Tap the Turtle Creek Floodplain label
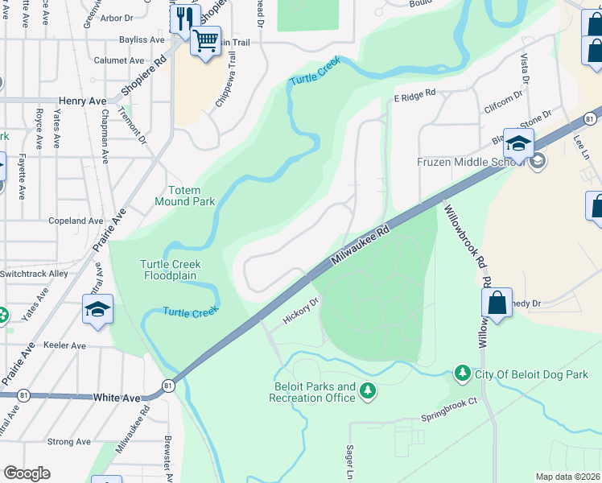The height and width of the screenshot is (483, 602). pos(170,270)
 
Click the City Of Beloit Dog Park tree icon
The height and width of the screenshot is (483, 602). pos(463,374)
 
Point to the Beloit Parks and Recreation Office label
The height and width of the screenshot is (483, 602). pos(312,392)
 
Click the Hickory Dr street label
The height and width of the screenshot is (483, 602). pos(301,312)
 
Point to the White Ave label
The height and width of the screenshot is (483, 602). pos(117,398)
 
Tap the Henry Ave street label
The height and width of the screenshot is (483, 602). pos(82,101)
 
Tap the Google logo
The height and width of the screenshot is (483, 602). pos(27,473)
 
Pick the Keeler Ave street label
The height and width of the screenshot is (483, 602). pos(65,346)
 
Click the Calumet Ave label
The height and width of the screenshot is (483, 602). pos(118,60)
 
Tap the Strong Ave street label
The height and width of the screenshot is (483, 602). pos(68,442)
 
